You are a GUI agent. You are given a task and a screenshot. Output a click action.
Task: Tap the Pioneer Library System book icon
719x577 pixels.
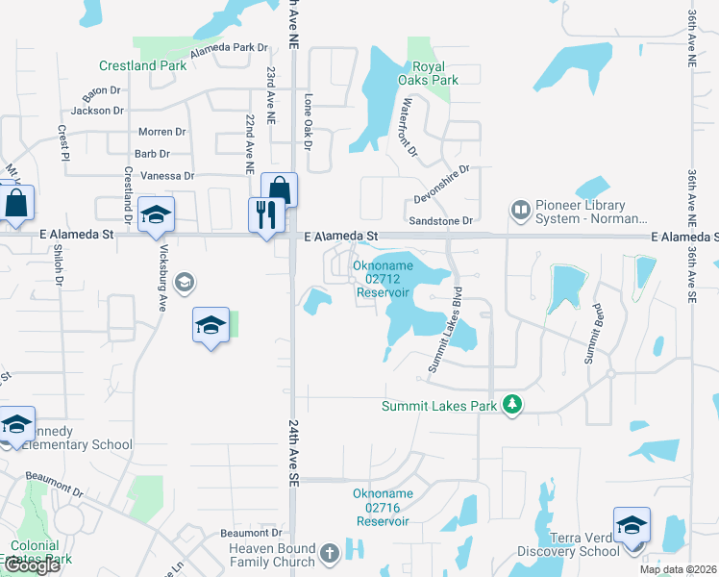click(520, 209)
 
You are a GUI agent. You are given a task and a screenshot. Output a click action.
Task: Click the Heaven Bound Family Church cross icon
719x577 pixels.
click(329, 553)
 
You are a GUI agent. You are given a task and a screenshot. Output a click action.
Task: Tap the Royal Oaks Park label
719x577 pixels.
click(429, 74)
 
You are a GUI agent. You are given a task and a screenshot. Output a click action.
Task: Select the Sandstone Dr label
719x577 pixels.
click(442, 221)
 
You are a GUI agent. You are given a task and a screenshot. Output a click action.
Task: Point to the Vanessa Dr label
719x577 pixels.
click(167, 176)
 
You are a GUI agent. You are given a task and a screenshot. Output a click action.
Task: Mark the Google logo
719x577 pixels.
click(31, 566)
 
